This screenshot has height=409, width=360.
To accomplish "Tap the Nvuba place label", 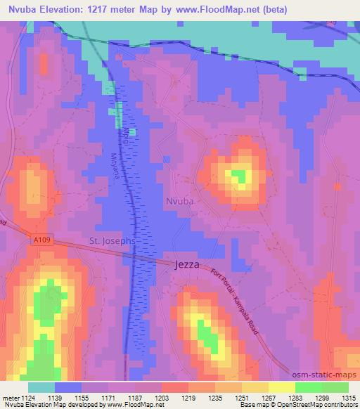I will click(x=180, y=202).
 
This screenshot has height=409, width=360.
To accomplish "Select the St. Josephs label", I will click(x=112, y=241).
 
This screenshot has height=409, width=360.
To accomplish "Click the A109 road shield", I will click(x=41, y=240).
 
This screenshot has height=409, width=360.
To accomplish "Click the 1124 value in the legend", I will click(x=28, y=397).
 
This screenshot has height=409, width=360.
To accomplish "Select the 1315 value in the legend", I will click(x=348, y=397).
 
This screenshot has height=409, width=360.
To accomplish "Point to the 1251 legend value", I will click(x=242, y=397).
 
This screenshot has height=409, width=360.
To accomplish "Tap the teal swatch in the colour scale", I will click(x=41, y=387).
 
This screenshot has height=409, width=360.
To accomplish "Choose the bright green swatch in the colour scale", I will click(x=309, y=387).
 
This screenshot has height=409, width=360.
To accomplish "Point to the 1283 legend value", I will click(x=295, y=397).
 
